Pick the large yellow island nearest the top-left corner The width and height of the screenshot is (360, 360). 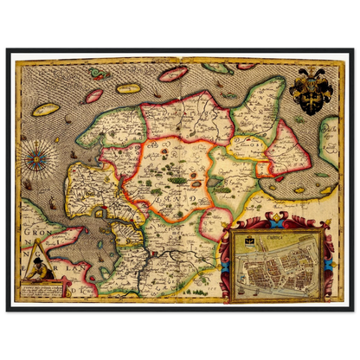46,110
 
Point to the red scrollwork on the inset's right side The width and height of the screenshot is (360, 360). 327,260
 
